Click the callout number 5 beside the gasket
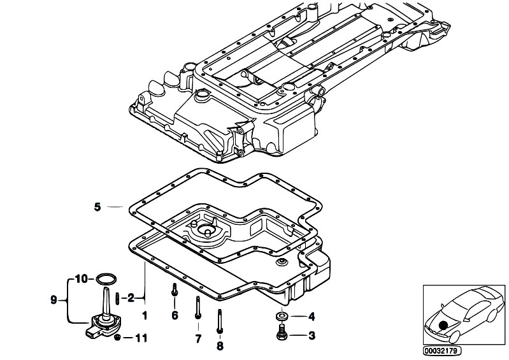(x=97, y=207)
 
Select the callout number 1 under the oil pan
(x=145, y=315)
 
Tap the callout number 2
(x=131, y=298)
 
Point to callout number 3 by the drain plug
(x=312, y=335)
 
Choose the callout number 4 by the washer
(x=312, y=316)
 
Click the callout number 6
(x=175, y=315)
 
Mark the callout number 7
(x=198, y=338)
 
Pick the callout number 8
(x=220, y=346)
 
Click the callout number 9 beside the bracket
(x=54, y=299)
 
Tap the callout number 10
(x=81, y=278)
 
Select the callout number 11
(x=141, y=338)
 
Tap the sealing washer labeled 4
(x=282, y=316)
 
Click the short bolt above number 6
(x=175, y=289)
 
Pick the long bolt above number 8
(x=220, y=321)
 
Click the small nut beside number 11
(x=118, y=338)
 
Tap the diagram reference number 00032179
(x=442, y=350)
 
